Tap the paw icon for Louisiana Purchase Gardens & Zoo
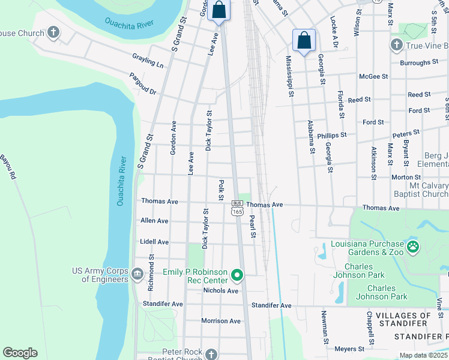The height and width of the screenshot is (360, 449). [412, 247]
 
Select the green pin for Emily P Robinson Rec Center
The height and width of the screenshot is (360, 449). [237, 275]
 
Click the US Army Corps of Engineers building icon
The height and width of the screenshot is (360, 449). [137, 275]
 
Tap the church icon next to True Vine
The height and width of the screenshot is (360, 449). [396, 45]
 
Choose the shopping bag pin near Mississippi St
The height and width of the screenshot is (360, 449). [304, 41]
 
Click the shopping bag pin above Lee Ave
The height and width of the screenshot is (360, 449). [219, 11]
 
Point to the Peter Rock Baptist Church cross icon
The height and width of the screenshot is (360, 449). [211, 355]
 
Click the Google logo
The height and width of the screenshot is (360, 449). [20, 353]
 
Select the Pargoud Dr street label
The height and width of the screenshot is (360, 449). [143, 85]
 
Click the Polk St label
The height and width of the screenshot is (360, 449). [221, 190]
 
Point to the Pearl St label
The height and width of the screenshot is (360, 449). [253, 226]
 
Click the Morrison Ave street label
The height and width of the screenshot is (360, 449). [220, 321]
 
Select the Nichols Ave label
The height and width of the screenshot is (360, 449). [220, 290]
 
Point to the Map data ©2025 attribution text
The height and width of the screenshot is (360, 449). [423, 355]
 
